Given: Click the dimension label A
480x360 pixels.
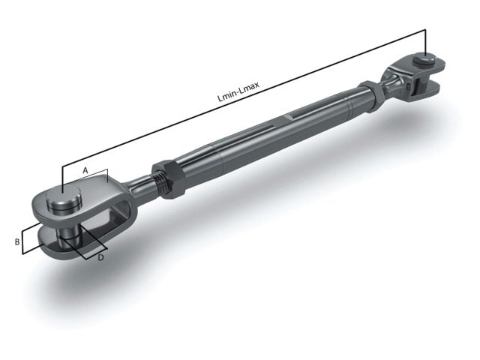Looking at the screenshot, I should click(85, 170).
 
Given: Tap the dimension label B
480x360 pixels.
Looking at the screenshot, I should click(16, 241).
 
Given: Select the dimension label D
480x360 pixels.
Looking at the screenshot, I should click(101, 257).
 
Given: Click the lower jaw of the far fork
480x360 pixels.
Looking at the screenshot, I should click(428, 89).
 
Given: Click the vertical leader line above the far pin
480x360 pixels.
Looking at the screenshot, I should click(425, 41).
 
